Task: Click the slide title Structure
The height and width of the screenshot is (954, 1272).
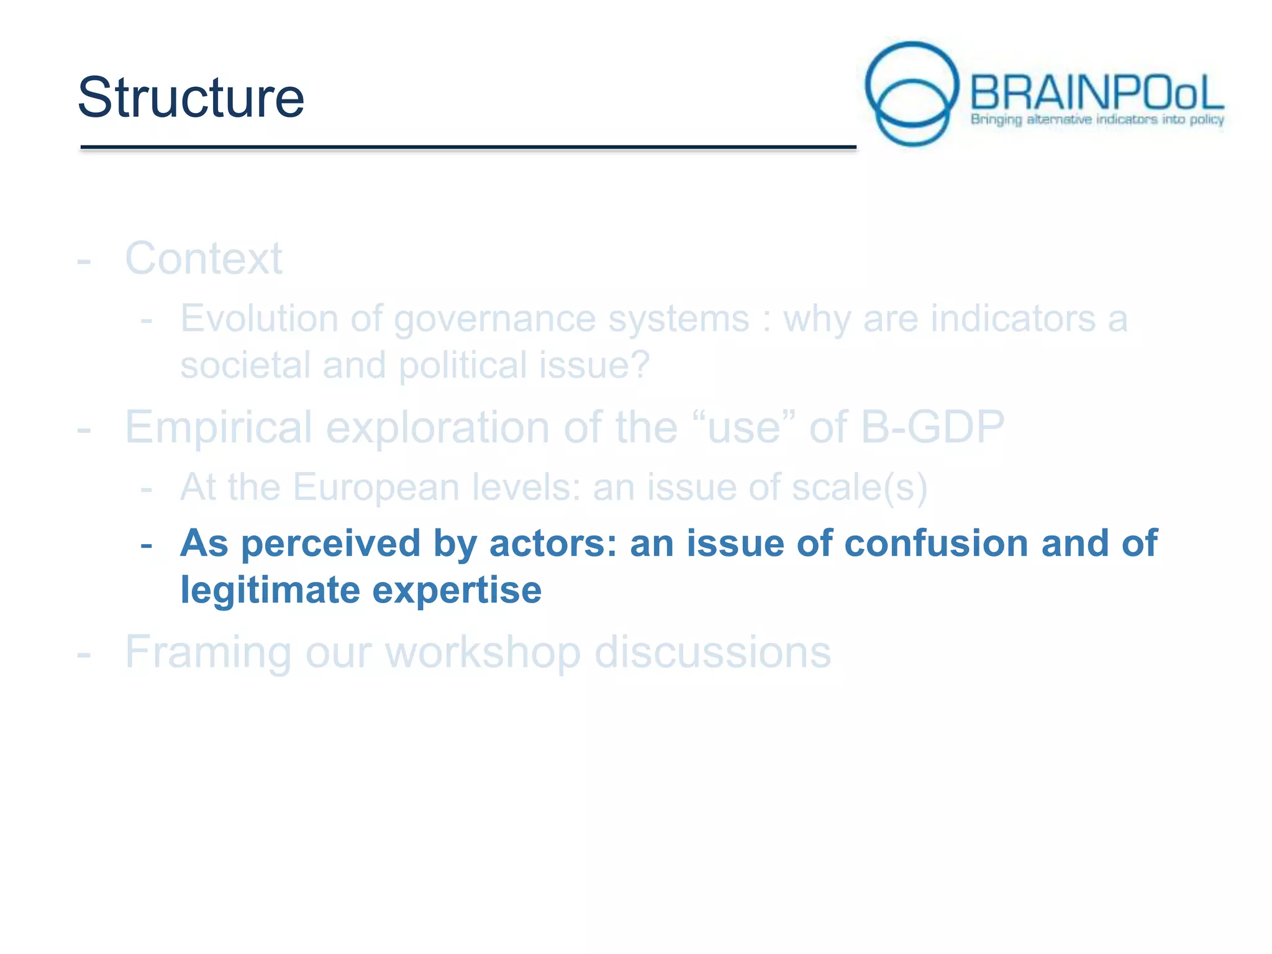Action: coord(191,98)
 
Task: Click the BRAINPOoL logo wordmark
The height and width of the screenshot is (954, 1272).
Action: coord(1096,93)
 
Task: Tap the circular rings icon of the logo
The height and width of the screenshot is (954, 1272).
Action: coord(912,93)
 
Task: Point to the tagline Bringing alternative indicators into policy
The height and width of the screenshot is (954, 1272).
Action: coord(1097,119)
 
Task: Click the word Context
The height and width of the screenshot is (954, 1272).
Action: coord(204,258)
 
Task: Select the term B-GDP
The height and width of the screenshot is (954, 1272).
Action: coord(932,427)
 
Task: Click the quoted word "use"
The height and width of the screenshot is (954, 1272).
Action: coord(743,427)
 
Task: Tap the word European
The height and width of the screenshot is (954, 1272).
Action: coord(375,488)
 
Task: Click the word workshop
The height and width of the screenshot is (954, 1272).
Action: coord(483,652)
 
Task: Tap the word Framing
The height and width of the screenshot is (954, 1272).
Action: coord(208,652)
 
